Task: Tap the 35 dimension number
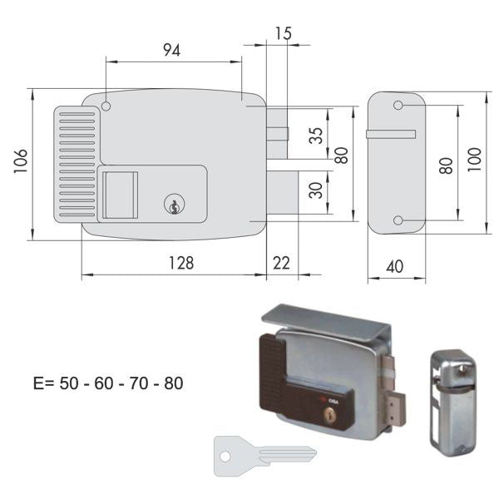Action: tap(316, 135)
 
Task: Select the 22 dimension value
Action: tap(282, 263)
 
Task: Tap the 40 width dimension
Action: tap(395, 268)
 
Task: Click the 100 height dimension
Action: tap(474, 159)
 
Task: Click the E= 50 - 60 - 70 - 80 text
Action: tap(108, 383)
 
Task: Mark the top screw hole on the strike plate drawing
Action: tap(398, 106)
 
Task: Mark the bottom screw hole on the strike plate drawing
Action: tap(398, 220)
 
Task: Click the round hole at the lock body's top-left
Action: tap(106, 106)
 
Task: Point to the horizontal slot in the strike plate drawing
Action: tap(391, 134)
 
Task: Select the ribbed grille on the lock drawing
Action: tap(77, 163)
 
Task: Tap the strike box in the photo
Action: tap(452, 402)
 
